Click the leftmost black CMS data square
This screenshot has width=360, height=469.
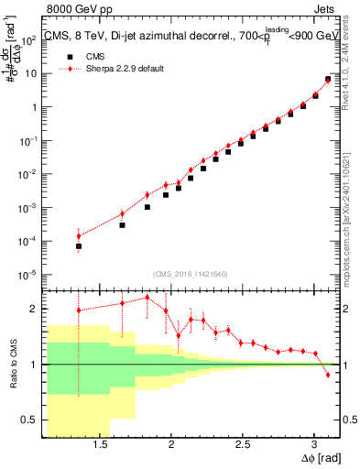[79, 246]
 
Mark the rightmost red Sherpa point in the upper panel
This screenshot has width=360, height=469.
[328, 79]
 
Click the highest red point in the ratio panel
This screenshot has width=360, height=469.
[147, 297]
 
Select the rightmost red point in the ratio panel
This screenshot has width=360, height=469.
[328, 375]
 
